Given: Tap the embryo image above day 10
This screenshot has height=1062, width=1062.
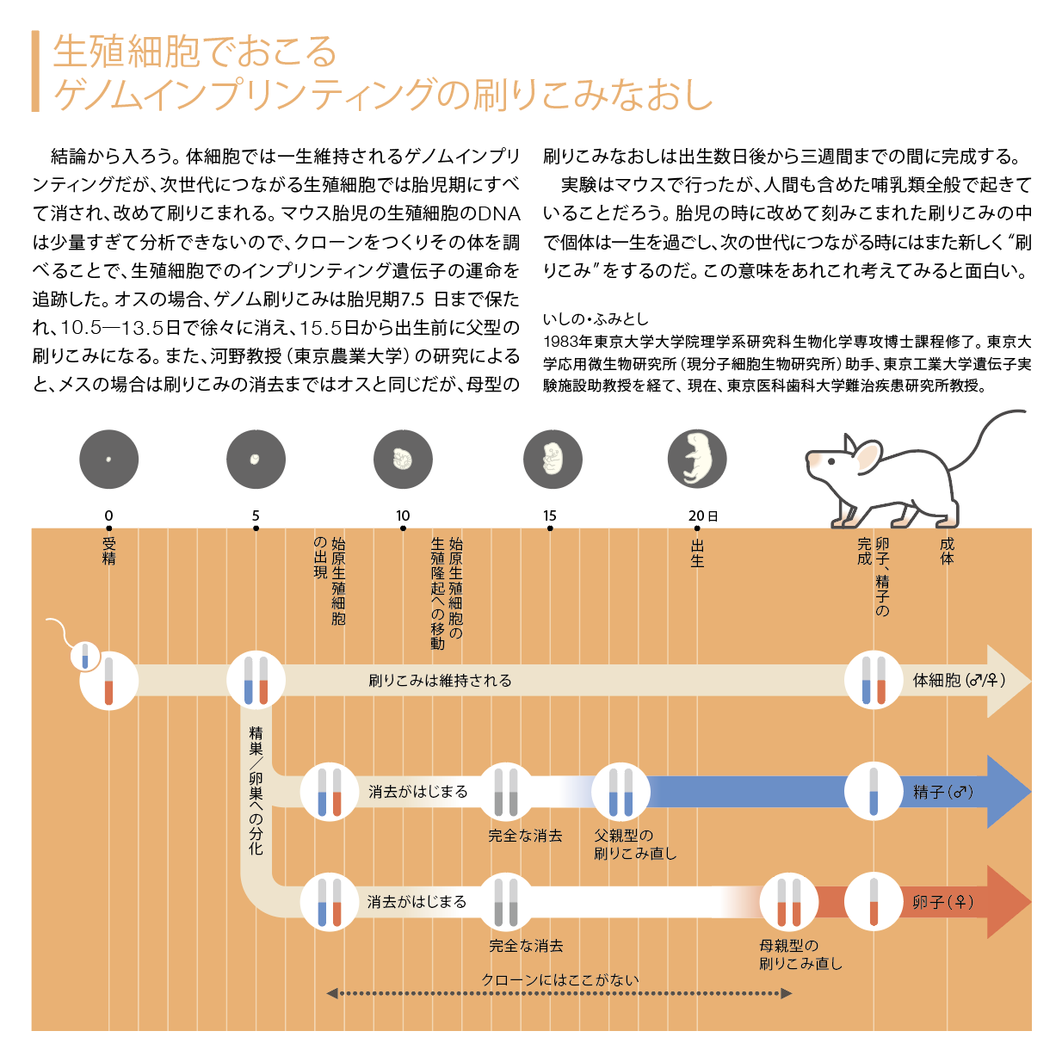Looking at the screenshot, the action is pyautogui.click(x=403, y=459).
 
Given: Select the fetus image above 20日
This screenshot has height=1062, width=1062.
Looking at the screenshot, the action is pyautogui.click(x=697, y=459).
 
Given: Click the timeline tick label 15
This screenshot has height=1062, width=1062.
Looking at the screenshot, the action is pyautogui.click(x=549, y=516).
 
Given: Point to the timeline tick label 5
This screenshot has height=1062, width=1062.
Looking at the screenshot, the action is pyautogui.click(x=256, y=516).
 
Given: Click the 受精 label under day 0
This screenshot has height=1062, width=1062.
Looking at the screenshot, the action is pyautogui.click(x=109, y=551).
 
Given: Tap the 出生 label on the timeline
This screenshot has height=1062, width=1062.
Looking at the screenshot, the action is pyautogui.click(x=697, y=553).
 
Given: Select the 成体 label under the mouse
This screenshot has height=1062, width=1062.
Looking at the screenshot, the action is pyautogui.click(x=947, y=551).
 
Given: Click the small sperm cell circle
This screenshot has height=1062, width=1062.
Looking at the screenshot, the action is pyautogui.click(x=85, y=657).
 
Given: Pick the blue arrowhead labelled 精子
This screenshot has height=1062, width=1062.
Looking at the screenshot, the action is pyautogui.click(x=1009, y=792).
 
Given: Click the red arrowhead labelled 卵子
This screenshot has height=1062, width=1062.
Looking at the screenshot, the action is pyautogui.click(x=1009, y=902).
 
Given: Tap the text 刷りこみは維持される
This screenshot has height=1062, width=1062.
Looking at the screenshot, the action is pyautogui.click(x=440, y=681).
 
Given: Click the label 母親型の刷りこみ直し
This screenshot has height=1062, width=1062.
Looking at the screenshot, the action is pyautogui.click(x=800, y=954).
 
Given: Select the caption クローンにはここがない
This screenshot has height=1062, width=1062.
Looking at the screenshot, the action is pyautogui.click(x=560, y=979).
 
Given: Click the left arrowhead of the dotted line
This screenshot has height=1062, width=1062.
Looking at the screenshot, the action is pyautogui.click(x=332, y=994).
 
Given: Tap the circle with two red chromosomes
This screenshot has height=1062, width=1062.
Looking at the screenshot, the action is pyautogui.click(x=788, y=902).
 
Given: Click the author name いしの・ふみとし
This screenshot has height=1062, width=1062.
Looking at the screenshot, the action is pyautogui.click(x=596, y=319).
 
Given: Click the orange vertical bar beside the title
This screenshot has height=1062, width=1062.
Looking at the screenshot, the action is pyautogui.click(x=35, y=71).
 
